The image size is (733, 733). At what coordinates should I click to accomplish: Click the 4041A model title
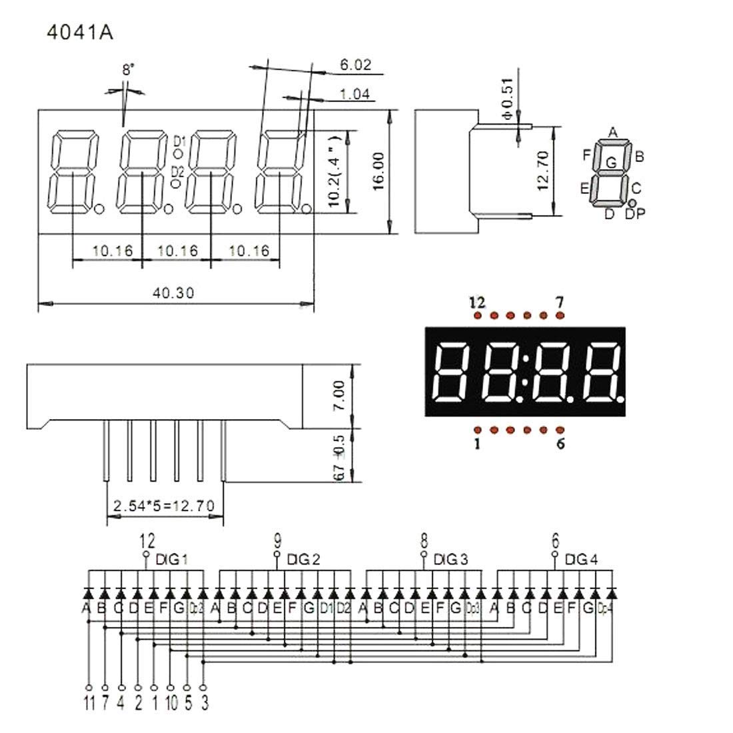79,33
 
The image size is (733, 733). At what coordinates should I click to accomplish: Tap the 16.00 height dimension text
378,171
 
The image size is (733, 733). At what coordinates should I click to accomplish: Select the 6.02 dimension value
355,65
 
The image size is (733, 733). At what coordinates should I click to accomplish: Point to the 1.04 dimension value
355,95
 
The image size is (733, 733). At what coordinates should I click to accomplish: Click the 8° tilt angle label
128,69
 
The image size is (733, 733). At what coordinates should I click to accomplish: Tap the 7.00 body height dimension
339,395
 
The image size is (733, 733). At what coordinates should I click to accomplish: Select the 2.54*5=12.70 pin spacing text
164,506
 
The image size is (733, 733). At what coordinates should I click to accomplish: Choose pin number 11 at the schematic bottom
88,702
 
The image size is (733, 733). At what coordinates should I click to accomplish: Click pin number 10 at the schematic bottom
171,702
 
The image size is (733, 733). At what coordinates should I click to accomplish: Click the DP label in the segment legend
635,213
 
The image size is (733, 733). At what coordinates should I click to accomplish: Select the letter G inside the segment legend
610,162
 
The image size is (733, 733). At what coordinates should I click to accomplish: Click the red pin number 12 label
476,303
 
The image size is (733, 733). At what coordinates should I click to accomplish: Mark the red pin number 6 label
560,443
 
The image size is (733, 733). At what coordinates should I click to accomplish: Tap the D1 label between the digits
179,141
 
